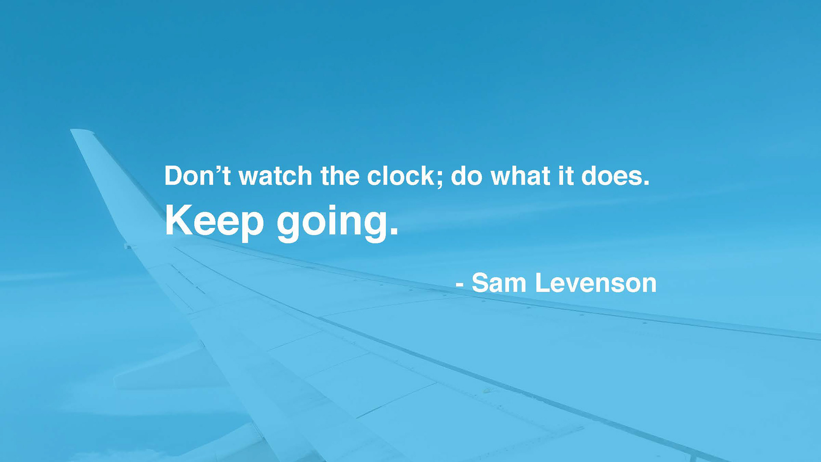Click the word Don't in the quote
click(x=198, y=175)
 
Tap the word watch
click(x=275, y=175)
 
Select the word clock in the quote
click(x=401, y=175)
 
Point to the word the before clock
click(x=340, y=175)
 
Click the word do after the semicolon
click(x=467, y=175)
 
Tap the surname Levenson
click(x=596, y=283)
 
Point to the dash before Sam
click(x=460, y=284)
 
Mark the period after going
click(x=394, y=231)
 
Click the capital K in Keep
click(x=180, y=220)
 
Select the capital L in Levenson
click(x=543, y=283)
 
